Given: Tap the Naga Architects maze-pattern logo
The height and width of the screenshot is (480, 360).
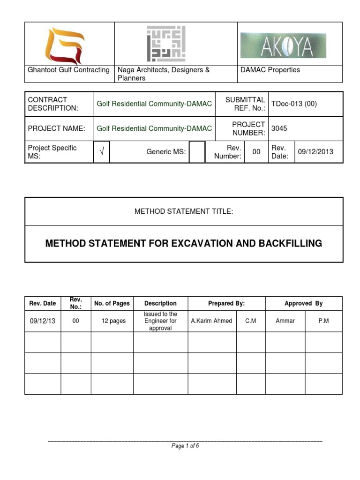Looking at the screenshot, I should click(x=166, y=44).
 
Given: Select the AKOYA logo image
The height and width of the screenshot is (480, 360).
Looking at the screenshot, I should click(x=283, y=45).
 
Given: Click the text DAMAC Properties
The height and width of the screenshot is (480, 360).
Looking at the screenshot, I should click(x=270, y=70).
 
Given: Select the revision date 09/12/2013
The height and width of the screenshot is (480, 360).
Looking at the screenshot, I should click(x=316, y=152).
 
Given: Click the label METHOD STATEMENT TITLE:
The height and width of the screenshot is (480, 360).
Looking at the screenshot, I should click(x=184, y=211).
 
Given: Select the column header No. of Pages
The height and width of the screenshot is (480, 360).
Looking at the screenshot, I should click(x=112, y=303).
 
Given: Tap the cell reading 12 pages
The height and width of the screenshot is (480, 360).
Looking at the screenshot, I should click(x=113, y=321).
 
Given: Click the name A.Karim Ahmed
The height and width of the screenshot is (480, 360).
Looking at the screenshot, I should click(x=212, y=321).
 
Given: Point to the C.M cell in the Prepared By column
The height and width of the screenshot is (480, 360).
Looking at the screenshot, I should click(x=250, y=321).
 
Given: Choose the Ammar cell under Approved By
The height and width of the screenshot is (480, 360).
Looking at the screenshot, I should click(x=285, y=321).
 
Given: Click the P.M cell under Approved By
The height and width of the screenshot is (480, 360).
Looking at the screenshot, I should click(x=323, y=321).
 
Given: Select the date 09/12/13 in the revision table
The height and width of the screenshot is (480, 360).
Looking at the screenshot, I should click(x=42, y=321).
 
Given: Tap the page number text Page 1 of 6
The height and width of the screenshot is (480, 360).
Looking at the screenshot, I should click(x=185, y=446).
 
